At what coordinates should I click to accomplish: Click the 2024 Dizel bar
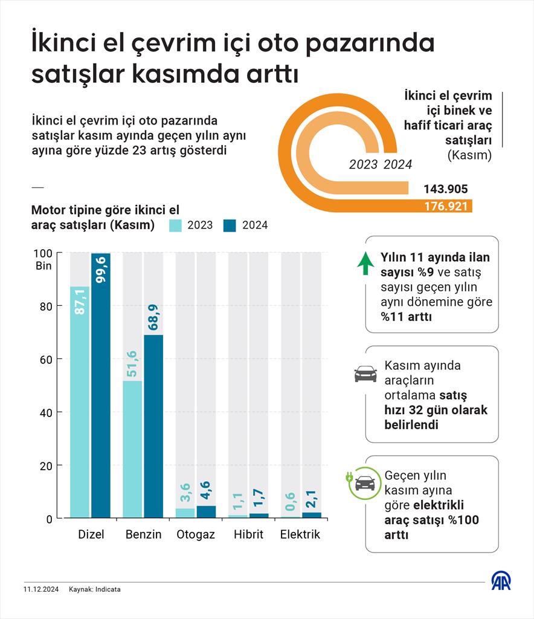(x=101, y=387)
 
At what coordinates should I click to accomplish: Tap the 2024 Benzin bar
(x=153, y=429)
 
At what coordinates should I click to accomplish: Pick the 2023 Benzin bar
(x=132, y=450)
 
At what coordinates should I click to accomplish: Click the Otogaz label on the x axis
(x=196, y=535)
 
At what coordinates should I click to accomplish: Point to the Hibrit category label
(x=249, y=535)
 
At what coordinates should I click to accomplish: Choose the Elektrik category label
(x=300, y=535)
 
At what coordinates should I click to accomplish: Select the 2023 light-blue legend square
(x=176, y=225)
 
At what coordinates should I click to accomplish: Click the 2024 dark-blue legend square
(x=230, y=225)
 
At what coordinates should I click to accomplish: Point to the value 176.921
(x=446, y=206)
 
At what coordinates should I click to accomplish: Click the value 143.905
(x=446, y=189)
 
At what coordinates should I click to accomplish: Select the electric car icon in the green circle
(x=364, y=483)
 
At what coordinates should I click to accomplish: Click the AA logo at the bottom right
(x=500, y=582)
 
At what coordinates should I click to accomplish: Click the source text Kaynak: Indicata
(x=95, y=589)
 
